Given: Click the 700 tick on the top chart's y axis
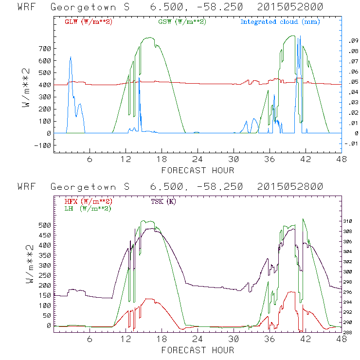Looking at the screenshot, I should point(44,49).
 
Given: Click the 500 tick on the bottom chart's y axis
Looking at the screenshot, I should point(44,225).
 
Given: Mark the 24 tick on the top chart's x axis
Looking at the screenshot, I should point(198,159).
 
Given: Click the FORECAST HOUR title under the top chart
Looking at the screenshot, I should point(198,170).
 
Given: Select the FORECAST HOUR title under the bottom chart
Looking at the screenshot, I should point(198,350).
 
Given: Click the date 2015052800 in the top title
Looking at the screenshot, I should point(290,7).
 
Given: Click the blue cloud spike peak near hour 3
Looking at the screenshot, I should point(71,57).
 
